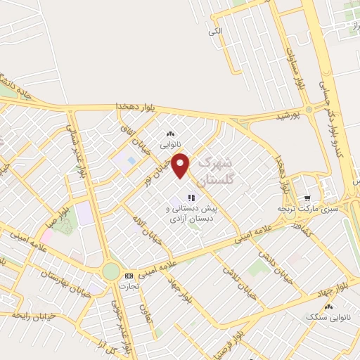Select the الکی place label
pos(216,30)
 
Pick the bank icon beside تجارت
pos(128,276)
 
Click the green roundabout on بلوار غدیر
pos(110,271)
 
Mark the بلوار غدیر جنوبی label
pos(120,327)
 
